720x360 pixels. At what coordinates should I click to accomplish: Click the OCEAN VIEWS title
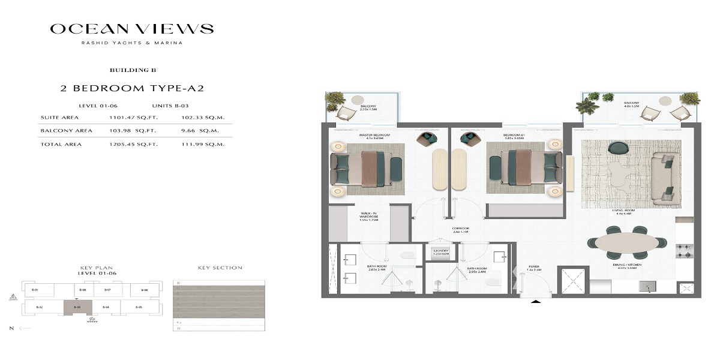coord(131,29)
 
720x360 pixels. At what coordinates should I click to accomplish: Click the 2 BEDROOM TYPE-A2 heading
coord(133,88)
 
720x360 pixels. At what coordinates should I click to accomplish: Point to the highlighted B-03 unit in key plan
coord(78,307)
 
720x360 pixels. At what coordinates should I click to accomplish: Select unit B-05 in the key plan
coord(139,307)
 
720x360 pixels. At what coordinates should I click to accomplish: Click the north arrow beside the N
coord(25,328)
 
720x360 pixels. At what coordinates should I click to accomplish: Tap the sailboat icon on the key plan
coord(13,296)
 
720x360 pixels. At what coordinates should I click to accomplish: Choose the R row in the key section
coord(178,283)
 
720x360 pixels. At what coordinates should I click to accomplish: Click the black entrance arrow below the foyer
coord(533,303)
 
